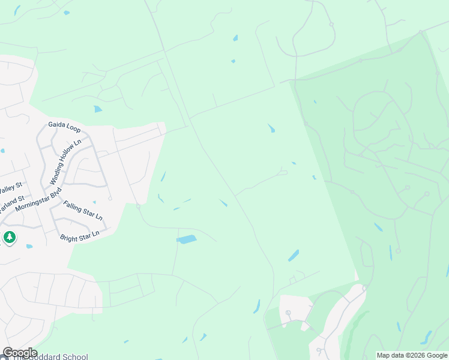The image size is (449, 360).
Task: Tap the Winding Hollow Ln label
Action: pyautogui.click(x=65, y=163)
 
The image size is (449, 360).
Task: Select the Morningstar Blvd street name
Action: pyautogui.click(x=38, y=200)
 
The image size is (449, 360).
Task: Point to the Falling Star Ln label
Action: pyautogui.click(x=83, y=210)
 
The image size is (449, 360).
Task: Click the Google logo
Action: pyautogui.click(x=20, y=352)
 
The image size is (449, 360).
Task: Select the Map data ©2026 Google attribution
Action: pyautogui.click(x=412, y=355)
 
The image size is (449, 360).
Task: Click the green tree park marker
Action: pyautogui.click(x=9, y=238)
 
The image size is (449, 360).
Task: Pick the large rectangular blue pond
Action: pyautogui.click(x=187, y=239)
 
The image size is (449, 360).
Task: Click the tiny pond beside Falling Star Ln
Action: pyautogui.click(x=110, y=199)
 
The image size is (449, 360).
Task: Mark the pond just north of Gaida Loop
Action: pyautogui.click(x=98, y=109)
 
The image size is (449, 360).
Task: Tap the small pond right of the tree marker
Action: pyautogui.click(x=29, y=246)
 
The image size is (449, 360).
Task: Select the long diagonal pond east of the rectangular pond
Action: pyautogui.click(x=293, y=256)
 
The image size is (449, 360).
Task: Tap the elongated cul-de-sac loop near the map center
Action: pyautogui.click(x=283, y=173)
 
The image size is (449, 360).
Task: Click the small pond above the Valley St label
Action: pyautogui.click(x=2, y=151)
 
